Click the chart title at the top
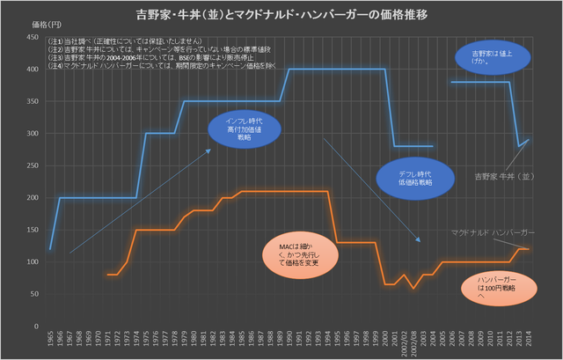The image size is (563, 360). pos(281,15)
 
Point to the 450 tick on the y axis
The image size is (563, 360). pos(33,38)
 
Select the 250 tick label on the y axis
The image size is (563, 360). pos(33,165)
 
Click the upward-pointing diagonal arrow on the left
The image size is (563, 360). pos(141,201)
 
